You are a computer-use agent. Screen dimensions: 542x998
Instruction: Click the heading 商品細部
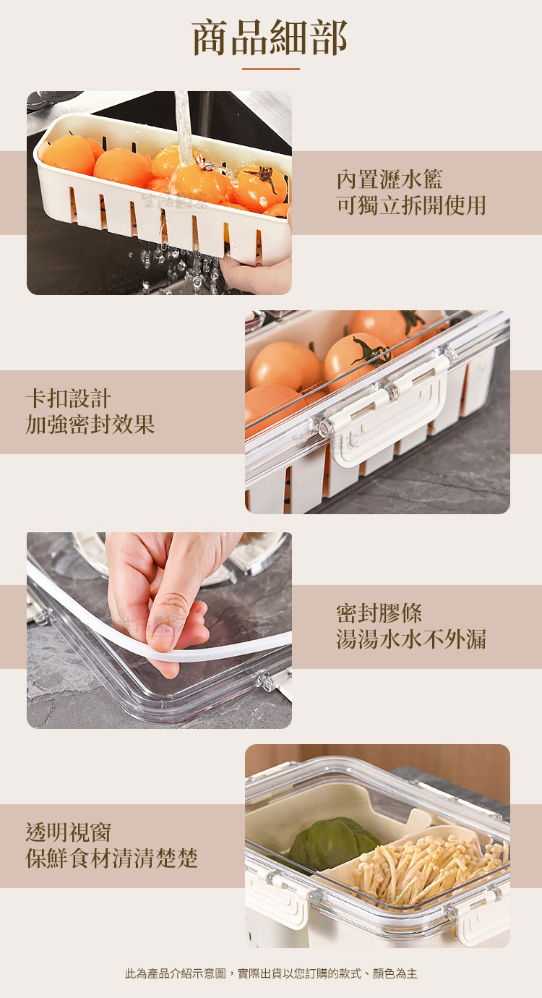point(270,38)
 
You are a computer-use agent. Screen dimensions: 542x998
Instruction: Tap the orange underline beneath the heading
point(271,69)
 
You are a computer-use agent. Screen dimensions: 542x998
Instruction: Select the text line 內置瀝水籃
point(390,179)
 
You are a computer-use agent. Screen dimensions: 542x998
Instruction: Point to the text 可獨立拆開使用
point(411,205)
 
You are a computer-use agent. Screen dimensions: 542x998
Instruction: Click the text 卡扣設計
point(68,398)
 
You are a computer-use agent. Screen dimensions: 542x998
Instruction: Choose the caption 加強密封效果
point(90,424)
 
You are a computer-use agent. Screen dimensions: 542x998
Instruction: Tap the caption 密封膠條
point(379,613)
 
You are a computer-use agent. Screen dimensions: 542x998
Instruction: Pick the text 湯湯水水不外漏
point(411,639)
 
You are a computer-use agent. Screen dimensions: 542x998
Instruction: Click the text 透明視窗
point(68,832)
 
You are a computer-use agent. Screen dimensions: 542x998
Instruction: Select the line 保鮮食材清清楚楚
point(111,858)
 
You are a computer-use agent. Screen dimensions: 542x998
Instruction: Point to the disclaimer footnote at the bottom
point(271,973)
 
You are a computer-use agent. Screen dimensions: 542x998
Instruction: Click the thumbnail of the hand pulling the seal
point(160,631)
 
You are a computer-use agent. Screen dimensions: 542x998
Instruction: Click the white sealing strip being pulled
point(147,633)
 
